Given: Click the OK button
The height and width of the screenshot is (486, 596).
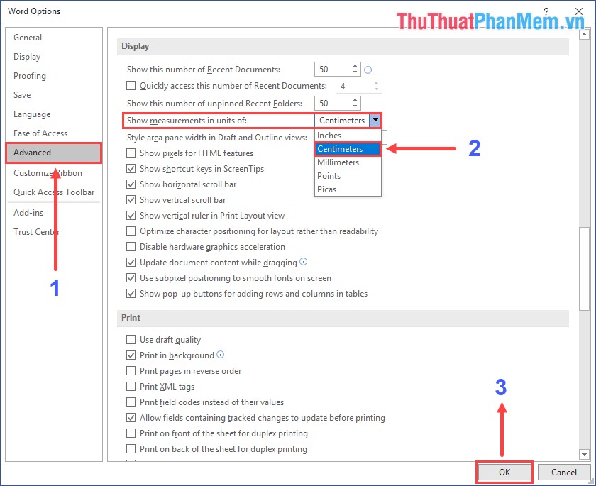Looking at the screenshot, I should [504, 472].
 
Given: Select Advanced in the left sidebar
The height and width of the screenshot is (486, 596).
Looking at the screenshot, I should [33, 153].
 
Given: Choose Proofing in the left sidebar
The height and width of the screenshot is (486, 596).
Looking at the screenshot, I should [30, 76].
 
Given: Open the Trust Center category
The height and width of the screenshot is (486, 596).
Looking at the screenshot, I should [37, 232].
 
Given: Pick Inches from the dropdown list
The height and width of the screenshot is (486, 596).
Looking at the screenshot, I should [329, 136].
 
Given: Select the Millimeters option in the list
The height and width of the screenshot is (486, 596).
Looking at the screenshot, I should [338, 162].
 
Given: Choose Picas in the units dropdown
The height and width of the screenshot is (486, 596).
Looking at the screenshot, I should [327, 189].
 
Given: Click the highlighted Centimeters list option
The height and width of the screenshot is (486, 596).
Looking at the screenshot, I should [340, 149].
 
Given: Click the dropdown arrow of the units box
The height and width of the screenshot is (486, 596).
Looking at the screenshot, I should [375, 121].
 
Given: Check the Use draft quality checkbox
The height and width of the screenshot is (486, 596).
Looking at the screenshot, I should [131, 340].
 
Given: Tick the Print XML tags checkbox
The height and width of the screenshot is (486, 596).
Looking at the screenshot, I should [131, 387].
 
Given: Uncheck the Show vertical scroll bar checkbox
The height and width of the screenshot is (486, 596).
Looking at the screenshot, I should [131, 200].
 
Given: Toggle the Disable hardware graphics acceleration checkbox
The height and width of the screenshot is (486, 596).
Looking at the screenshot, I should [131, 247].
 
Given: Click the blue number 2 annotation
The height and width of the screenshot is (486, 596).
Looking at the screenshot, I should [475, 148].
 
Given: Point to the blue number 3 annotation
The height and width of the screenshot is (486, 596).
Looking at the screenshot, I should [501, 387].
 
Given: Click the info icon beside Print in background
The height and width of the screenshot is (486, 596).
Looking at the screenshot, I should [220, 355].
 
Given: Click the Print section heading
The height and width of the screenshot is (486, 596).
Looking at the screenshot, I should [131, 318].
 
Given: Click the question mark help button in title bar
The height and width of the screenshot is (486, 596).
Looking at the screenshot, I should [546, 11].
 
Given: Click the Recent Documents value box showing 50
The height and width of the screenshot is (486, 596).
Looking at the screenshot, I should [332, 70].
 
